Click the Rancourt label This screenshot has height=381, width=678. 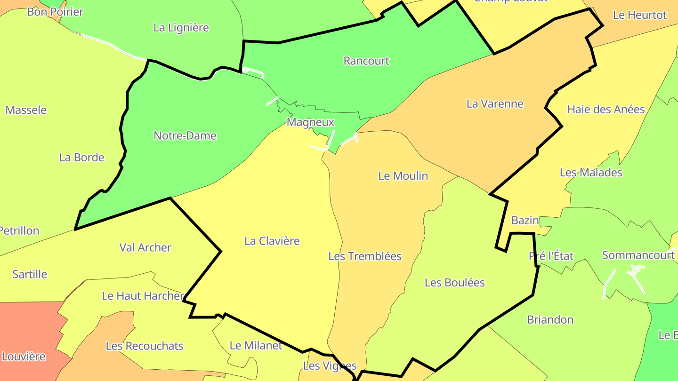(366, 61)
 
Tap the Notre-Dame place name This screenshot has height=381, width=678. (185, 135)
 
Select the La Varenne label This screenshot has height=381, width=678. (495, 103)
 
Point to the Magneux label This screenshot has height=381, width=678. (310, 122)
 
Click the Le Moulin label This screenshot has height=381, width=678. (403, 175)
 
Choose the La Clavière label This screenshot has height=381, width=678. (272, 241)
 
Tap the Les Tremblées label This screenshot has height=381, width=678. (365, 256)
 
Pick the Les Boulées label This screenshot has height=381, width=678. (454, 282)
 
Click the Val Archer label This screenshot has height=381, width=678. (145, 247)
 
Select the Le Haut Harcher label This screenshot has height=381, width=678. (143, 296)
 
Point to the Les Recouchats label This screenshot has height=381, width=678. (144, 346)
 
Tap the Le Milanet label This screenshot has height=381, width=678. (256, 345)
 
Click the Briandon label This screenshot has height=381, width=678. (550, 320)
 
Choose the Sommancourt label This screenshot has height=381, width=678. (638, 255)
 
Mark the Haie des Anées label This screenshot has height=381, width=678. (605, 109)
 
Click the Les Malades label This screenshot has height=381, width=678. (591, 172)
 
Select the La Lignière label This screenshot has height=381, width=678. (181, 27)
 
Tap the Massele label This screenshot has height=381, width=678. (26, 110)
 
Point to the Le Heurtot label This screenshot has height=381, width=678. (639, 15)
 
